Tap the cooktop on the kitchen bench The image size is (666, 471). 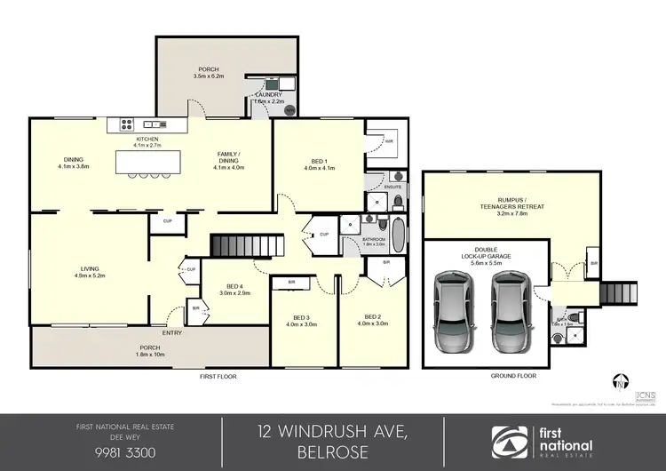126,124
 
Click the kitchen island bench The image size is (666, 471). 147,163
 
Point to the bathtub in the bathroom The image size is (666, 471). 398,236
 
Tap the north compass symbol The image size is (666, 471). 619,383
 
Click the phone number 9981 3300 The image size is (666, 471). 111,451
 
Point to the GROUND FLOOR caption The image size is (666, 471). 514,376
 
